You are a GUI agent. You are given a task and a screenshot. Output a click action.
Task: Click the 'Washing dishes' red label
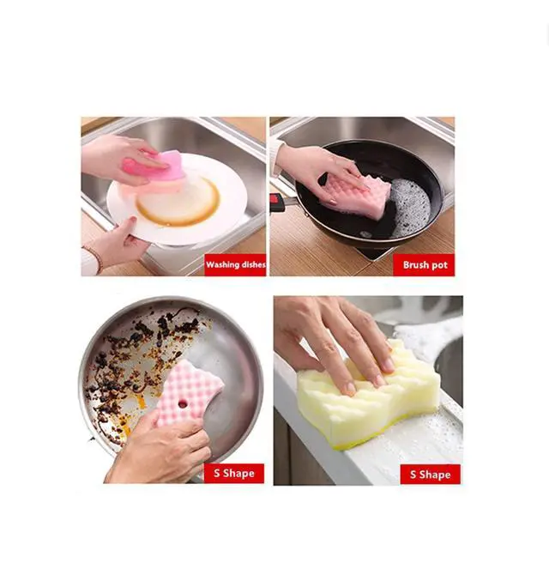point(235,265)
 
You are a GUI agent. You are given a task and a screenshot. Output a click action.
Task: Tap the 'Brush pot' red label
point(424,265)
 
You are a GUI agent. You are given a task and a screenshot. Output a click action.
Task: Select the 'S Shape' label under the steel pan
point(234,473)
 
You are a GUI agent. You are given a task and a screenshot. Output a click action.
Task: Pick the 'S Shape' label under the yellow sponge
point(431,475)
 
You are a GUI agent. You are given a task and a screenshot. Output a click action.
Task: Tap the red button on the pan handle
point(274,199)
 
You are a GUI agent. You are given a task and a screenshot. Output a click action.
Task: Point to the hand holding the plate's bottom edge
point(117,243)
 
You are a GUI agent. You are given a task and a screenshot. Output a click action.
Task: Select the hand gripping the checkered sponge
point(160,448)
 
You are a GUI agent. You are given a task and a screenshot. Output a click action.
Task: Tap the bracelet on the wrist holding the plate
point(94,257)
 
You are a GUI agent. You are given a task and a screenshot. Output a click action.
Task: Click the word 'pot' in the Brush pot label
point(439,265)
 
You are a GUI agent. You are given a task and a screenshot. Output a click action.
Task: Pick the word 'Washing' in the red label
point(221,265)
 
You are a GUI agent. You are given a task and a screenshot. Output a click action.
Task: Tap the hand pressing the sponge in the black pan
point(319,167)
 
